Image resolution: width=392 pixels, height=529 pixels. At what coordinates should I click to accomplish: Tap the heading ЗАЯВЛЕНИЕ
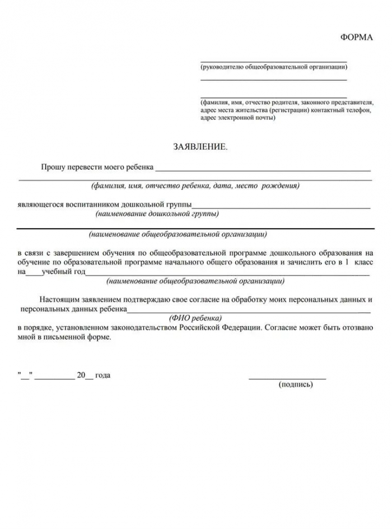tap(200, 147)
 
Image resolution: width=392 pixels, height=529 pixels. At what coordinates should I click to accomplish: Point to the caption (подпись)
tap(295, 384)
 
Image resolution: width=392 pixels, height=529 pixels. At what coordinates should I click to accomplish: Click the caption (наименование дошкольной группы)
tap(157, 214)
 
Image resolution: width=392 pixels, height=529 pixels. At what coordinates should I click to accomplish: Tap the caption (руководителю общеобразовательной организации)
tap(273, 67)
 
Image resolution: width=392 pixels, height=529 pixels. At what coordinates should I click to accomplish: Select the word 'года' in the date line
tap(102, 375)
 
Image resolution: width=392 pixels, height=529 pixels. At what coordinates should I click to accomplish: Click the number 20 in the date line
tap(81, 375)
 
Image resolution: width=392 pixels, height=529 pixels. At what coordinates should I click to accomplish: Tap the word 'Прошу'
tap(52, 167)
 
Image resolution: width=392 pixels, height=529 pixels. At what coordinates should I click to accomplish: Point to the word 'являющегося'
tap(40, 205)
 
